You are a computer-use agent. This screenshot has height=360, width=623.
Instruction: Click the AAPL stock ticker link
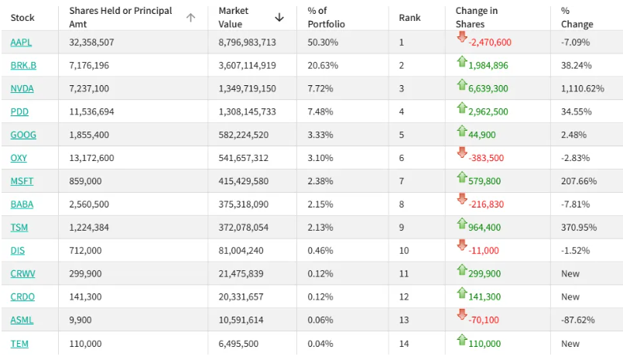tap(21, 42)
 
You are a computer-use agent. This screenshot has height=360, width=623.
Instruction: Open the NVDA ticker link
tap(22, 88)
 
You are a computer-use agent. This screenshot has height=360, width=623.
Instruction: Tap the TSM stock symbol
tap(20, 228)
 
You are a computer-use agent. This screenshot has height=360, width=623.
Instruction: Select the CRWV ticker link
tap(22, 274)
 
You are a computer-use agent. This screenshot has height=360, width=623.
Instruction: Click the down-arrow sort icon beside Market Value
tap(279, 17)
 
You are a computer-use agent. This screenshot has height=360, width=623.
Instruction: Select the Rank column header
tap(409, 17)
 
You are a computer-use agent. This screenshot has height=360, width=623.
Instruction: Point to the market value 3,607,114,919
tap(247, 65)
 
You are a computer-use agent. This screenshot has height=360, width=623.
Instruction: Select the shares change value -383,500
tap(486, 158)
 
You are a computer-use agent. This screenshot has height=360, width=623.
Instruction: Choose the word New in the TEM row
tap(570, 344)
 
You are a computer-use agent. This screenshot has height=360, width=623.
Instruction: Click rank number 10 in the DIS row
tap(404, 251)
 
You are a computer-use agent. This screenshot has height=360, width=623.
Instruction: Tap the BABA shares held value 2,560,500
tap(89, 204)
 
